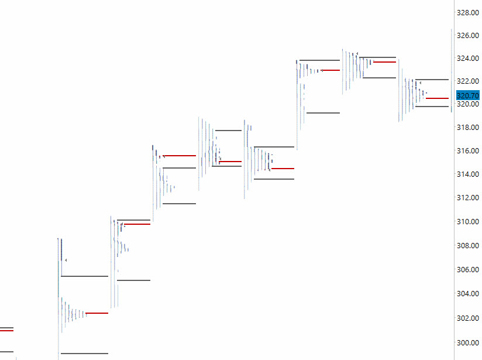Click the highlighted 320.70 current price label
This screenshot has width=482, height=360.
coord(467,95)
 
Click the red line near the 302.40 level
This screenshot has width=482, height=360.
coord(97,313)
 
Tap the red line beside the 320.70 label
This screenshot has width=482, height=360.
coord(437,98)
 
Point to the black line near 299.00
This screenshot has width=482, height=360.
coord(84,353)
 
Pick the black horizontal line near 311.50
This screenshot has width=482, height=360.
coord(179,204)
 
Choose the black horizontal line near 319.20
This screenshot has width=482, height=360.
coord(323,112)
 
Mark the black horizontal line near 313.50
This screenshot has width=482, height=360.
coord(274,179)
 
